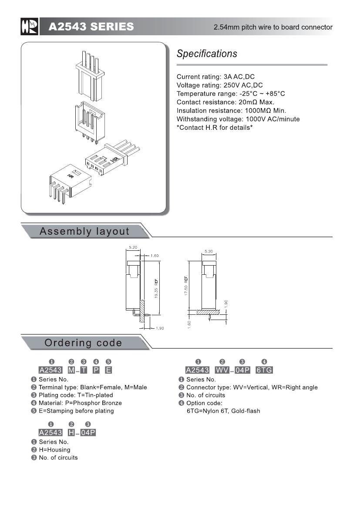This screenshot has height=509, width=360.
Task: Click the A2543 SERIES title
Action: click(91, 27)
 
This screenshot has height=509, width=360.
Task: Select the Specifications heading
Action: click(207, 54)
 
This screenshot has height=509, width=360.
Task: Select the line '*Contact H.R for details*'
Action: click(215, 128)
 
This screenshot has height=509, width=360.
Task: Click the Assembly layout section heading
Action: click(84, 231)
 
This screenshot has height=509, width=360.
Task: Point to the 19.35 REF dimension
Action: click(155, 288)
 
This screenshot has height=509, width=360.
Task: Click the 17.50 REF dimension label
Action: click(186, 286)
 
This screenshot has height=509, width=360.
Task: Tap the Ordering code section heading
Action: click(83, 343)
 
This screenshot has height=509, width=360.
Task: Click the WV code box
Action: click(222, 370)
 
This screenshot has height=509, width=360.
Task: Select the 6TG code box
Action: click(264, 370)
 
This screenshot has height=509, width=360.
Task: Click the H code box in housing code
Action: click(71, 432)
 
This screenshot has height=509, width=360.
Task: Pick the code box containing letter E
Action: click(108, 370)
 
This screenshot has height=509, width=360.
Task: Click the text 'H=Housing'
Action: click(54, 450)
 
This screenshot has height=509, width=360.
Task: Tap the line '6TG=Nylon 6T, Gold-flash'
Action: click(223, 411)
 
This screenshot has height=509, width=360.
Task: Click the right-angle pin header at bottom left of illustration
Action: click(68, 183)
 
